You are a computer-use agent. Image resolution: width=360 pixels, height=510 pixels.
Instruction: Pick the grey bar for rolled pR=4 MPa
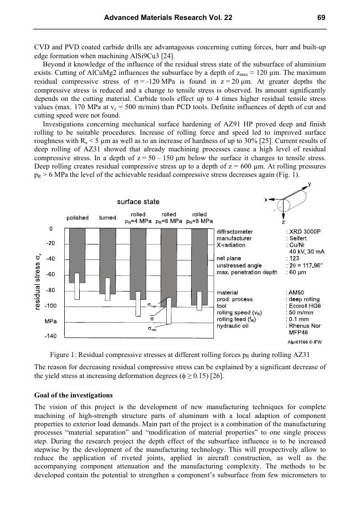(x=138, y=261)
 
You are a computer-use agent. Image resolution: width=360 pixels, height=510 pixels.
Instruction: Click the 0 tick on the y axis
(x=50, y=228)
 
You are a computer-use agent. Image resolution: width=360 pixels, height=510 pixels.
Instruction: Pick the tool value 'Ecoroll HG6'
(x=305, y=305)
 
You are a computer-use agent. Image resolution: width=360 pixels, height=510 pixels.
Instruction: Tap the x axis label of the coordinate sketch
(x=266, y=199)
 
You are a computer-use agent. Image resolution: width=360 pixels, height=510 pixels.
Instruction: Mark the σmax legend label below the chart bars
(x=153, y=305)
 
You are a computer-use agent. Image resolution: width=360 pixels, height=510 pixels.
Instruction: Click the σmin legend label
(x=151, y=328)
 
